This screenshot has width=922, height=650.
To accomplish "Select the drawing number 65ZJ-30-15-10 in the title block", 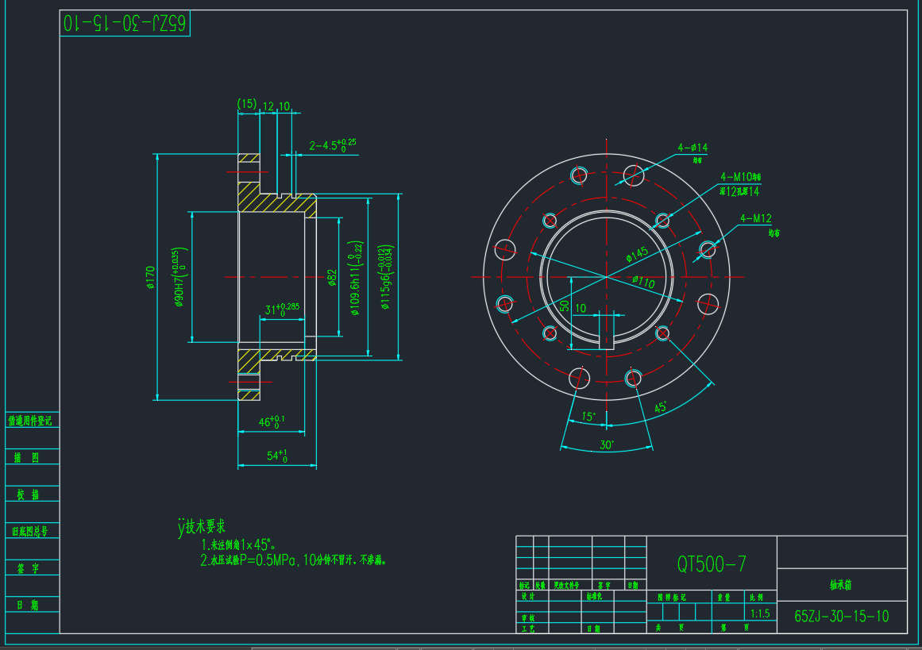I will [842, 617].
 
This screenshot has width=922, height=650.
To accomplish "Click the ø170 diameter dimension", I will [150, 277].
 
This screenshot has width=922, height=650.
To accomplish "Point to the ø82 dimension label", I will [333, 277].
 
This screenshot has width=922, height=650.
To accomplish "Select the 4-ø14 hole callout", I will [692, 148].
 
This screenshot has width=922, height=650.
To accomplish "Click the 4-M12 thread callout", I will [756, 218].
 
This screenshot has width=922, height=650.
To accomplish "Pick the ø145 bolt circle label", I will [636, 254].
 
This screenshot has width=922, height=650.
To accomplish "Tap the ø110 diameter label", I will [643, 282].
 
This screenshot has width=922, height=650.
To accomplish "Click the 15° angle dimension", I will [588, 416].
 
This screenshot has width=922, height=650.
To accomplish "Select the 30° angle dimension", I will [607, 445].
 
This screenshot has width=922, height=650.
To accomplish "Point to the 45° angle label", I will [660, 408].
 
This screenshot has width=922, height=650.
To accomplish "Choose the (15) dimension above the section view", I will [247, 104].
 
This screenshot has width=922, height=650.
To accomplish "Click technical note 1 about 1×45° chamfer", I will [238, 544].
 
